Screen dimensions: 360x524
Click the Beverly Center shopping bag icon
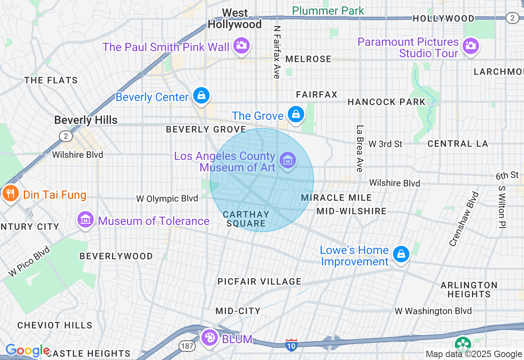(x=201, y=96)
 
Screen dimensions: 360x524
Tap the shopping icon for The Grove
(x=295, y=115)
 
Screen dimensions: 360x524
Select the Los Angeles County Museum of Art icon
(x=288, y=160)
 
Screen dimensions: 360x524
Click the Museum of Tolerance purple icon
(x=86, y=220)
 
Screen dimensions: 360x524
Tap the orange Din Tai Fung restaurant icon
(x=10, y=193)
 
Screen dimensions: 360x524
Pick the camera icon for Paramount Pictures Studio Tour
(x=471, y=45)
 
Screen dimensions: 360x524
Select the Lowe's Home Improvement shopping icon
(x=401, y=254)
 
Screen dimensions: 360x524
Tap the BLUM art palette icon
(x=210, y=338)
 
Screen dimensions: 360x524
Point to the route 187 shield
(x=186, y=346)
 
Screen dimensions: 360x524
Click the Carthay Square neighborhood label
(x=246, y=219)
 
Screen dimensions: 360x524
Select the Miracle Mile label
(x=337, y=198)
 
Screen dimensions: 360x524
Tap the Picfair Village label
(x=260, y=281)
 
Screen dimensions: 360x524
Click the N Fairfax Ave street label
(x=277, y=52)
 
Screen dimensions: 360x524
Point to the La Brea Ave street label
(x=359, y=148)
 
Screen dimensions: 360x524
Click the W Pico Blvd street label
(x=29, y=261)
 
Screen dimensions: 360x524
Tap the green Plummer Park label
(x=328, y=11)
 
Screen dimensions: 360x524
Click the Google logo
(x=28, y=351)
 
